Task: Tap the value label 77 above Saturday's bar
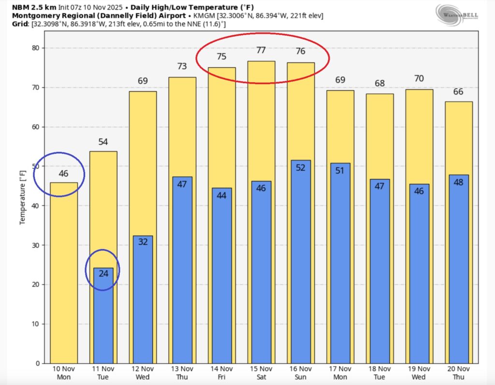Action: (x=261, y=50)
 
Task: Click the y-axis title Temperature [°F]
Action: (x=22, y=197)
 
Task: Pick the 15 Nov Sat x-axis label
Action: (x=261, y=373)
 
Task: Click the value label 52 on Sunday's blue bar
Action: (x=301, y=168)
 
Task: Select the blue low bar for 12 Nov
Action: (x=143, y=300)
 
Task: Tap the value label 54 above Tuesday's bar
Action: (x=103, y=142)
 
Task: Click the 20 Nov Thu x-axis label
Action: (x=459, y=373)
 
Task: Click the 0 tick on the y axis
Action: (x=37, y=363)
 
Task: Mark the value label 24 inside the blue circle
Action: (x=103, y=273)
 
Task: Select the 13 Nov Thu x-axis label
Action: (x=182, y=373)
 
